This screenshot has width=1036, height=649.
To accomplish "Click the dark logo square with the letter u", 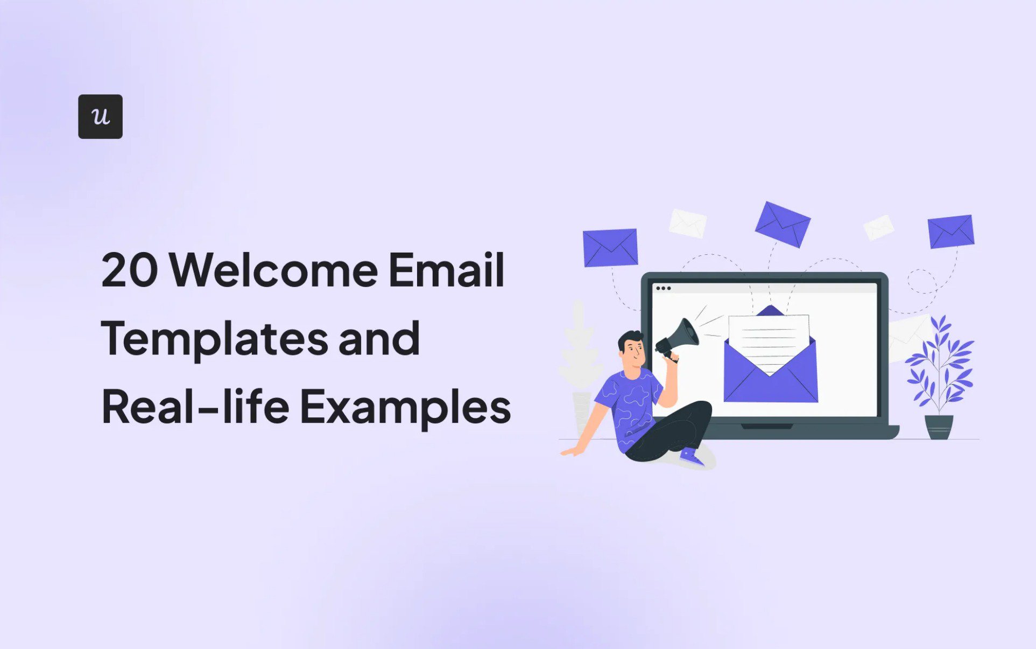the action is pos(100,116).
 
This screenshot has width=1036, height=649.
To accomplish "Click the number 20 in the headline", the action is pos(130,270).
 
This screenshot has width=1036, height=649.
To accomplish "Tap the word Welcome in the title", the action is pos(274,269).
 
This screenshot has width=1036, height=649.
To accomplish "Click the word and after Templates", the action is pos(379,338).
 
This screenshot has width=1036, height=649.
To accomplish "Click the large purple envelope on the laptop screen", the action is pos(771,372).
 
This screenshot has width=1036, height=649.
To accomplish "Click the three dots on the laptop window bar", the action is pos(663,288).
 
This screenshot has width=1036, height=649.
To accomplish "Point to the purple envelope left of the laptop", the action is pos(610,248).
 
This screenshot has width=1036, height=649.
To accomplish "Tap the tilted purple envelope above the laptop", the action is pos(783,224).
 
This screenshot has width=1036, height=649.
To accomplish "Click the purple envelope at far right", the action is pos(951,232).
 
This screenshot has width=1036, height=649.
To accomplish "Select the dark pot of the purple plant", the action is pos(939,427).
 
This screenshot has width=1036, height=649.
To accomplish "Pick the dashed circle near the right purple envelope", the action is pos(922,281).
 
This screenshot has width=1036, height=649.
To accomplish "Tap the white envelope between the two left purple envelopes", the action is pos(687,224).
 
